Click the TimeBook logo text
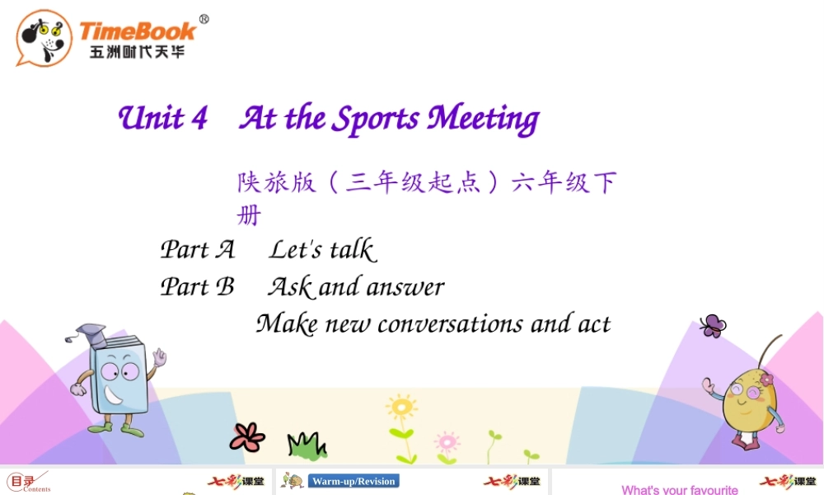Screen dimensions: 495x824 coord(138,32)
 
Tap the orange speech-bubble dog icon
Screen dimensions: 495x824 coord(43,38)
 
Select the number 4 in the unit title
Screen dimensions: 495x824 coord(199,119)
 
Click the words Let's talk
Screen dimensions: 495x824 coord(322,249)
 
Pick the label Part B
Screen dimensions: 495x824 coord(198,286)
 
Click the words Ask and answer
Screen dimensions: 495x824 coord(356,286)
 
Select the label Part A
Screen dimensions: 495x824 coord(198,249)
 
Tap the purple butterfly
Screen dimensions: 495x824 coord(712,326)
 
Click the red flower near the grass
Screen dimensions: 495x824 coord(246,436)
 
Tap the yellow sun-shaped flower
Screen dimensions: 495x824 coord(401,408)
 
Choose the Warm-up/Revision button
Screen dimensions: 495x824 coord(353,481)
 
